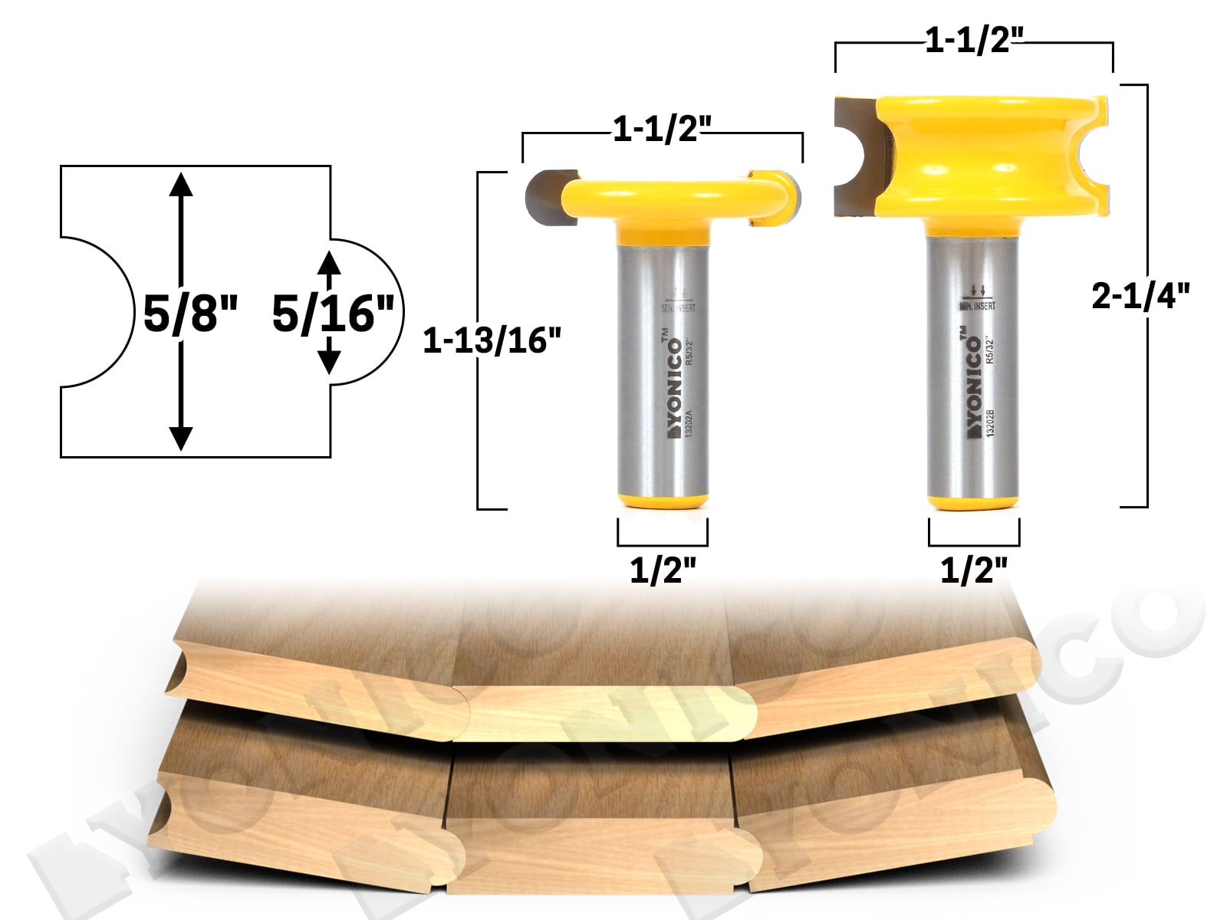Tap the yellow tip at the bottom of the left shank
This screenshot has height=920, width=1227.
pyautogui.click(x=663, y=500)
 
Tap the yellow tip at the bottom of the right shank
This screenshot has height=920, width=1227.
pyautogui.click(x=974, y=500)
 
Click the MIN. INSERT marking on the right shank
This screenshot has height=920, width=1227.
pyautogui.click(x=978, y=306)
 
